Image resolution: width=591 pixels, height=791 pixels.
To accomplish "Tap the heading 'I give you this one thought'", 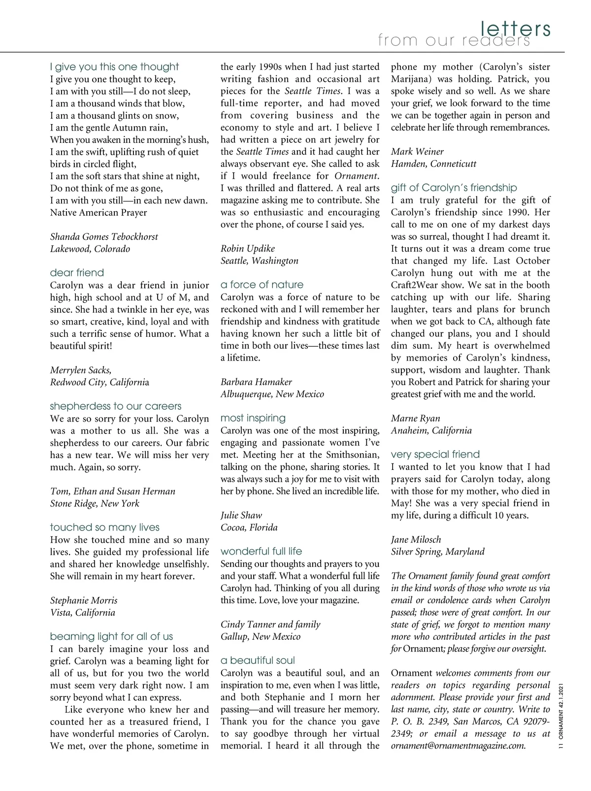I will point(114,67).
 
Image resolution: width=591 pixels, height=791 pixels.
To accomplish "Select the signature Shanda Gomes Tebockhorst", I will point(104,237).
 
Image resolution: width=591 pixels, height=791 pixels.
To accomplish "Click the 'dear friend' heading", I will point(77,273).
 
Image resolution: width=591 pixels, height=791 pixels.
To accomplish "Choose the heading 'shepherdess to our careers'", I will point(116,406).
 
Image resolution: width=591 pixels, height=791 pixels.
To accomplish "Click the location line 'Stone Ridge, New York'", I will point(95,504).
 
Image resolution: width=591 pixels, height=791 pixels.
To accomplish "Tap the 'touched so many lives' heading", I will point(105,527).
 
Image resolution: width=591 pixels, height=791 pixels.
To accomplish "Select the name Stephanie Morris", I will point(84,601).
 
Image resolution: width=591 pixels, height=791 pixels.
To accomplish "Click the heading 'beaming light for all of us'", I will point(111,637).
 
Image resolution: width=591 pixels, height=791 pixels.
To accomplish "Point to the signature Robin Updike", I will point(248,249).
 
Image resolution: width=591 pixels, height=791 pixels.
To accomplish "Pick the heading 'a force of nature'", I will point(262,285).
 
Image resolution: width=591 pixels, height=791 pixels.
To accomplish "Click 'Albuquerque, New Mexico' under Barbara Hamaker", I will point(272,395).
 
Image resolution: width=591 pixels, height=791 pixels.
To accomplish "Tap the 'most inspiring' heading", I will point(253,418).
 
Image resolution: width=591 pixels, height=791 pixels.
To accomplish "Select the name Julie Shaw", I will point(241,516).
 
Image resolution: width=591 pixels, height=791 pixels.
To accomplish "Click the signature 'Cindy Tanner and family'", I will point(270,625).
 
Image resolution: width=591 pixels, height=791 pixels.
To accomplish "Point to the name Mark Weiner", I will point(417,152).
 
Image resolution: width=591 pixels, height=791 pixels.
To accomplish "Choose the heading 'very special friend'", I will point(435,455).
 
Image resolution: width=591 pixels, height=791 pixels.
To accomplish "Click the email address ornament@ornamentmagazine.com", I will point(459,746).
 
